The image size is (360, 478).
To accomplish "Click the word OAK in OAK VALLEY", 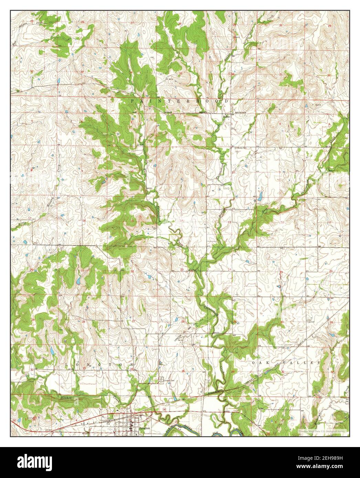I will pyautogui.click(x=260, y=363).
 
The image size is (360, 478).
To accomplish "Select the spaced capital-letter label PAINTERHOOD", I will pyautogui.click(x=179, y=101).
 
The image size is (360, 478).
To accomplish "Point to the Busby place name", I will pyautogui.click(x=226, y=117).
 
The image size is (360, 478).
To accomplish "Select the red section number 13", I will pyautogui.click(x=229, y=222).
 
